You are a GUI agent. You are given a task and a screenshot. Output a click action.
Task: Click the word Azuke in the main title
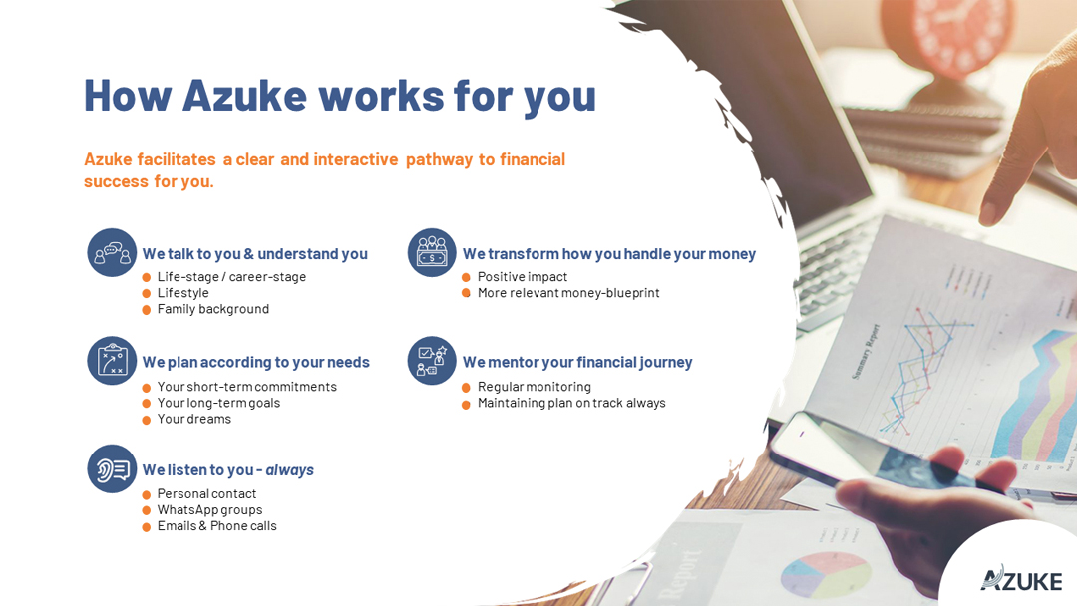(x=244, y=96)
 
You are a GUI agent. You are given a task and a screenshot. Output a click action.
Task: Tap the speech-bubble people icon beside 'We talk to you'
(x=112, y=252)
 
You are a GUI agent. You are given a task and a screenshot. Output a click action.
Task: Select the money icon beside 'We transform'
(x=432, y=252)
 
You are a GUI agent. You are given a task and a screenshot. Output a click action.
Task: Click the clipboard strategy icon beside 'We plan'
(x=112, y=360)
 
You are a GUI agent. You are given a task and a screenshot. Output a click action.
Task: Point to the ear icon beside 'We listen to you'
(x=112, y=468)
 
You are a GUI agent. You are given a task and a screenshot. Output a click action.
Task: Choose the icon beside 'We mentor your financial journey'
(x=432, y=360)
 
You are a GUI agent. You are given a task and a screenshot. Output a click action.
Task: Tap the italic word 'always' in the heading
(x=290, y=470)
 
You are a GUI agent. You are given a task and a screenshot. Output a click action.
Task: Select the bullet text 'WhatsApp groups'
(x=209, y=510)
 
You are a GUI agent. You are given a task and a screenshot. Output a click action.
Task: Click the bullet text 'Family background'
(x=213, y=309)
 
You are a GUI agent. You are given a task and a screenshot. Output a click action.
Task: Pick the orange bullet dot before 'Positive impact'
(x=466, y=277)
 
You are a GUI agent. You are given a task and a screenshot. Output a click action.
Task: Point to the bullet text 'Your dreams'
(x=194, y=419)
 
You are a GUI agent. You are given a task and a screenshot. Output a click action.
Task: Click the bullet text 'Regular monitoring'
(x=535, y=387)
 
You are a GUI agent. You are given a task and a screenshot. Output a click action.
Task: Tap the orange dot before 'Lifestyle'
(x=147, y=294)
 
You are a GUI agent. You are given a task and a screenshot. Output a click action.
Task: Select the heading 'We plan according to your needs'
(x=255, y=363)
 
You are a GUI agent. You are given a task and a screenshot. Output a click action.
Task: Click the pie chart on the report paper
(x=826, y=574)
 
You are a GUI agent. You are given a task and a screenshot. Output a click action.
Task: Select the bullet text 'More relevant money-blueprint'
(x=568, y=293)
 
